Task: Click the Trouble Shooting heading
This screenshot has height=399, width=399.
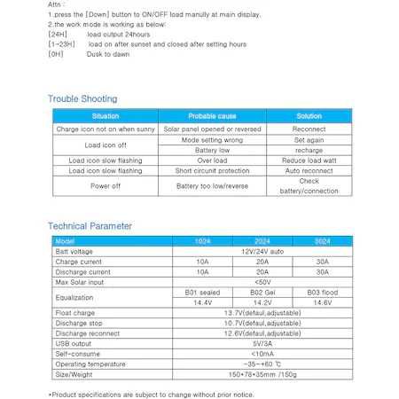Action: click(82, 98)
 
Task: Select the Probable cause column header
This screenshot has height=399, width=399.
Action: click(212, 116)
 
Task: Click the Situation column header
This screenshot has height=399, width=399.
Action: click(105, 116)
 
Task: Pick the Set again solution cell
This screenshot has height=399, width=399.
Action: click(309, 139)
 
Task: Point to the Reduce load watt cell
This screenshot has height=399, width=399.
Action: click(309, 160)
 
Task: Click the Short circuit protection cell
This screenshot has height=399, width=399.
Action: click(212, 170)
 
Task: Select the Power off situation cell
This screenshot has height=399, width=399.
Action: click(105, 185)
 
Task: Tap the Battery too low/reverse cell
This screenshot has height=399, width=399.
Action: click(212, 186)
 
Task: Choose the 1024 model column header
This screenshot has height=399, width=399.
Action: click(202, 241)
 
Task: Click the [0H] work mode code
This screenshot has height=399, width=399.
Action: click(56, 53)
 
